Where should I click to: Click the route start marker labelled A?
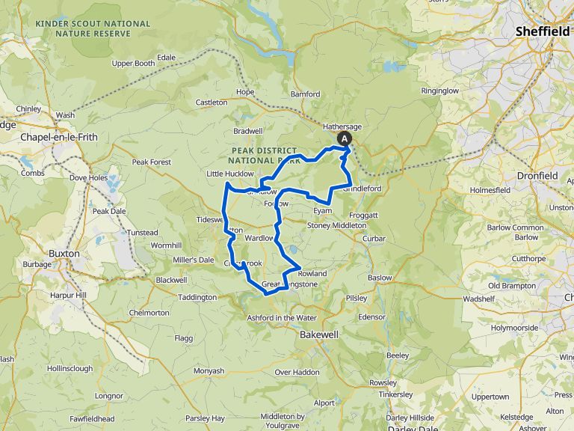coord(345,138)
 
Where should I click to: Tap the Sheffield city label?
coord(543,32)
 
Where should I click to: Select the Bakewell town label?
coord(320,334)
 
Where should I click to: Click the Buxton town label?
coord(64,254)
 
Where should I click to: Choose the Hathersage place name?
coord(342,126)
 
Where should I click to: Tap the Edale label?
coord(166,58)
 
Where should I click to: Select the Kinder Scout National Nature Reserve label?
coord(93,28)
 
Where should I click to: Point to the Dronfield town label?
coord(537,175)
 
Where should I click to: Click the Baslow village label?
coord(380,278)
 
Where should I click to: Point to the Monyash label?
coord(209,370)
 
